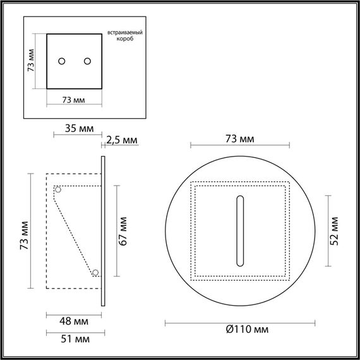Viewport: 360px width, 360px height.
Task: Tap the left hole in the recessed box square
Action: click(x=62, y=61)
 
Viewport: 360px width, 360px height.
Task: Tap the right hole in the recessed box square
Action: click(x=87, y=61)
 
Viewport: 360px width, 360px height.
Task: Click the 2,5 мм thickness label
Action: click(x=122, y=140)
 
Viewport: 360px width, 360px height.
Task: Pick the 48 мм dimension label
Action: click(x=74, y=321)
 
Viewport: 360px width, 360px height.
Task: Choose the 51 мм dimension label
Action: click(x=74, y=339)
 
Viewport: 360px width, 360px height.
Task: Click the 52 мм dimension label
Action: click(x=335, y=229)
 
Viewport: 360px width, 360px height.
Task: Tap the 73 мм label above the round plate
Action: click(x=240, y=138)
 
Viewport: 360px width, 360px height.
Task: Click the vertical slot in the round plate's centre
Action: click(x=240, y=231)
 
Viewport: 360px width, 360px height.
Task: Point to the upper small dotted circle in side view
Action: click(x=57, y=189)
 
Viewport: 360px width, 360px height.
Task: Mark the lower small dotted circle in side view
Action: click(x=95, y=273)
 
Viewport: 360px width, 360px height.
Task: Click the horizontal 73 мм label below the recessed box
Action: click(x=74, y=100)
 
